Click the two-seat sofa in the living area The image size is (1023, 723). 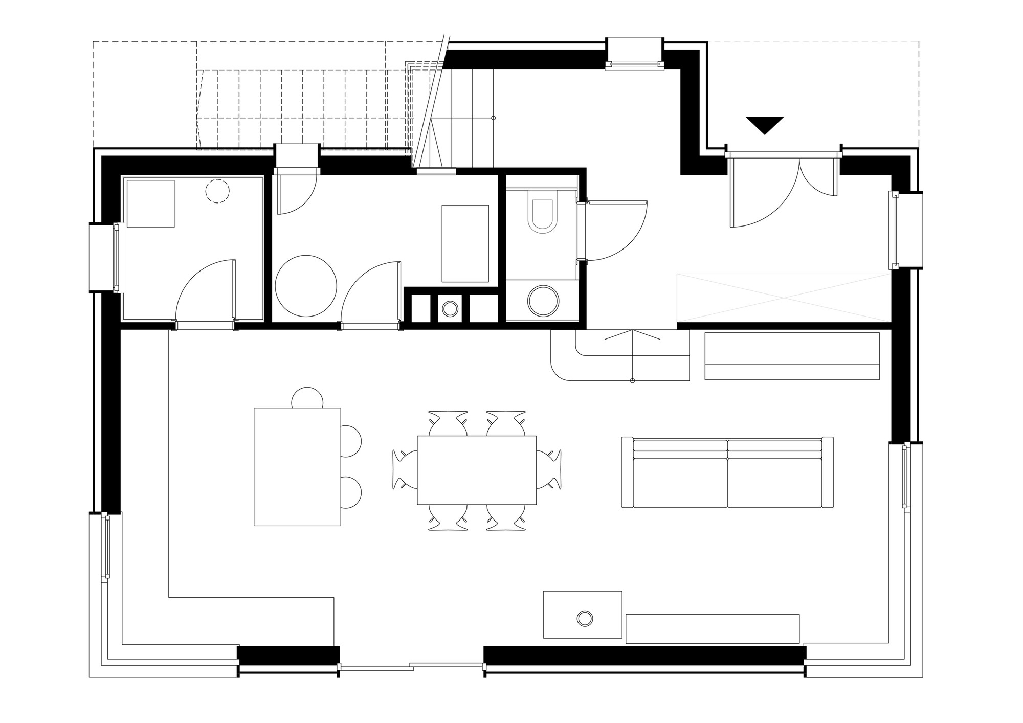[727, 473]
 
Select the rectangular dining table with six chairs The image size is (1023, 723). [476, 470]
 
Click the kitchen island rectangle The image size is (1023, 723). [297, 466]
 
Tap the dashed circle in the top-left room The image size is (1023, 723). [217, 192]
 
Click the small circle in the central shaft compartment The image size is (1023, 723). [451, 308]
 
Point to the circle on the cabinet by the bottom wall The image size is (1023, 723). [585, 618]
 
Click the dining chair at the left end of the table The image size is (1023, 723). [404, 470]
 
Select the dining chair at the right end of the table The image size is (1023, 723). [550, 470]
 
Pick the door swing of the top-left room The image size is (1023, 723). [205, 291]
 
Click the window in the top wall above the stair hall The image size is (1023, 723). [634, 53]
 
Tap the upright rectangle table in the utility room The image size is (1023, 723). [465, 243]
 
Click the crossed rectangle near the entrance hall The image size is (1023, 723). [784, 298]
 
